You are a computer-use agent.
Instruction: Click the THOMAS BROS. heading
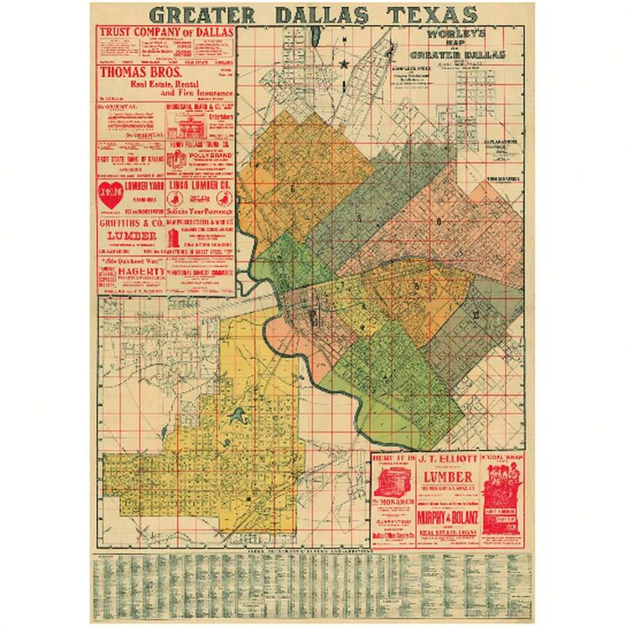click(x=140, y=72)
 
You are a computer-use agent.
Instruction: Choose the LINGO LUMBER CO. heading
click(x=198, y=185)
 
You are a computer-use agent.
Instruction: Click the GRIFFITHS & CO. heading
click(x=130, y=225)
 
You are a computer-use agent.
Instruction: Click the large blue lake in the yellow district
click(x=238, y=417)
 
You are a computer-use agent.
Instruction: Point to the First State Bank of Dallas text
click(x=131, y=158)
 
